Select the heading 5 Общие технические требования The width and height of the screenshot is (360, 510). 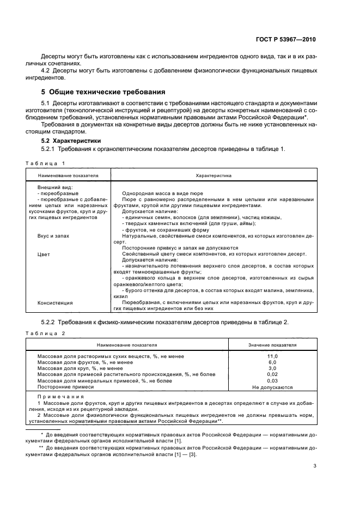point(103,92)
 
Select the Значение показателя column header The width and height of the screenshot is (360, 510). point(272,345)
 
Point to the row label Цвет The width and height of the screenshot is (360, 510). point(44,254)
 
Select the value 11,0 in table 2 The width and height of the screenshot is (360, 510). point(272,356)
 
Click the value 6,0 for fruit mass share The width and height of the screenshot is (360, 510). point(272,362)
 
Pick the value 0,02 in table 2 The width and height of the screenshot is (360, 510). point(272,375)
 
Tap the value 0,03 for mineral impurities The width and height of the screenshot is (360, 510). point(272,381)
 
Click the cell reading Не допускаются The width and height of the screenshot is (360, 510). point(272,387)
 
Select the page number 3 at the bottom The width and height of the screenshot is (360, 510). point(315,466)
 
